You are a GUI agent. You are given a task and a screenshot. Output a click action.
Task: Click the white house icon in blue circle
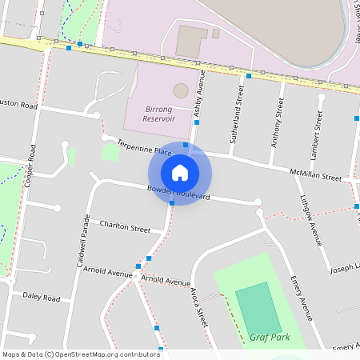(x=180, y=173)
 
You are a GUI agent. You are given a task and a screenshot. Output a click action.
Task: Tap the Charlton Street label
(x=125, y=229)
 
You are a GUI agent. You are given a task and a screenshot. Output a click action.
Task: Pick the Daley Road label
(x=42, y=297)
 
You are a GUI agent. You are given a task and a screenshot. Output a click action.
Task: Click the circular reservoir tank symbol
(x=181, y=90)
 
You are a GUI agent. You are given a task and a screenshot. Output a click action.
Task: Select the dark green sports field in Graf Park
(x=258, y=309)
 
